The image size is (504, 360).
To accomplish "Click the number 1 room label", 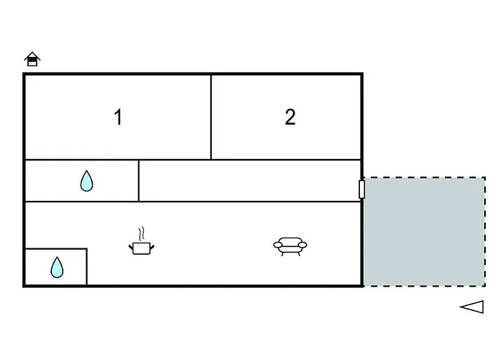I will (x=118, y=117).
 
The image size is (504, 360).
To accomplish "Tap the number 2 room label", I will (x=289, y=117).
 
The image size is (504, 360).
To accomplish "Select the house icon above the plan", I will (x=32, y=59).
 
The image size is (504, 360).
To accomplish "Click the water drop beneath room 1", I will (x=86, y=181).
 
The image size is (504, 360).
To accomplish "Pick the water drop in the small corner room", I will (x=57, y=268).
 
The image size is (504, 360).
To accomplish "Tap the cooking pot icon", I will (x=142, y=248).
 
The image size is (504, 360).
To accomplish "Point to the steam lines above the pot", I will (x=143, y=233).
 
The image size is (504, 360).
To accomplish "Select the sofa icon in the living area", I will (x=289, y=246).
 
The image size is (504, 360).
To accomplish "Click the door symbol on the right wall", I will (x=361, y=189).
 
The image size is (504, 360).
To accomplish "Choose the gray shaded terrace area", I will (x=423, y=231).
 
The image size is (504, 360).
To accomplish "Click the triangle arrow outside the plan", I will (x=472, y=307).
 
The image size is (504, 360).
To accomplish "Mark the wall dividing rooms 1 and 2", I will (x=211, y=117).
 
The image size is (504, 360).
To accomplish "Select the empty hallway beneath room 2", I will (x=248, y=181).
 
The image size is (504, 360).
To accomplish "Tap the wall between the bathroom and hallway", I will (x=138, y=181).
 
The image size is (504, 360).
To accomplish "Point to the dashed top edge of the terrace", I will (x=423, y=178).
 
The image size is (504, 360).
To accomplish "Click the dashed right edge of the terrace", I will (x=485, y=231).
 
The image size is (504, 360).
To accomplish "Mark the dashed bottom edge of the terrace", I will (x=423, y=285).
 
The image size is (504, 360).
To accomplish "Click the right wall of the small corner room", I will (x=87, y=266).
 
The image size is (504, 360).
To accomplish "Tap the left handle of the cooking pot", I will (x=131, y=246).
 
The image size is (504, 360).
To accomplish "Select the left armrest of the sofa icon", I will (x=276, y=246).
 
